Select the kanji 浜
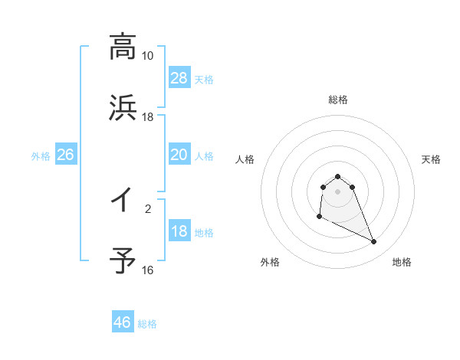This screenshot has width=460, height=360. pos(123,107)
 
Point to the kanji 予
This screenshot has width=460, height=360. pos(123,260)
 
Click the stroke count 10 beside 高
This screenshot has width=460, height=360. pos(147,56)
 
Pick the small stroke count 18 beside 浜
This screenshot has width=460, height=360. pos(147,117)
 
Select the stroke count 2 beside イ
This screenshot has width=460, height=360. pos(148,208)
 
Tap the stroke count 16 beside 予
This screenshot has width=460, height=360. pos(147,270)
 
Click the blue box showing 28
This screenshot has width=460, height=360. pos(179,78)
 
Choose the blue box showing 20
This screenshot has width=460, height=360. pos(179,155)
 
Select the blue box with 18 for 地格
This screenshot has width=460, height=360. pos(179,232)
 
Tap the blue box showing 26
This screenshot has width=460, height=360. pos(65,155)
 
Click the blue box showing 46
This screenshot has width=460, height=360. pos(123,322)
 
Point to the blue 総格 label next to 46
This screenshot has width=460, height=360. pos(147,324)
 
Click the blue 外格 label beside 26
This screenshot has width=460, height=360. pos(41,156)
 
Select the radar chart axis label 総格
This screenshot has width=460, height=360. pos(338,100)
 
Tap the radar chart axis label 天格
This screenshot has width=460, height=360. pos(432,159)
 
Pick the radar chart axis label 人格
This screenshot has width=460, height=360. pos(245,159)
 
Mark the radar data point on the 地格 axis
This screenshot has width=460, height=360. pos(374,242)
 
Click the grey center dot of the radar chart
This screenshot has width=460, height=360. pos(338,191)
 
